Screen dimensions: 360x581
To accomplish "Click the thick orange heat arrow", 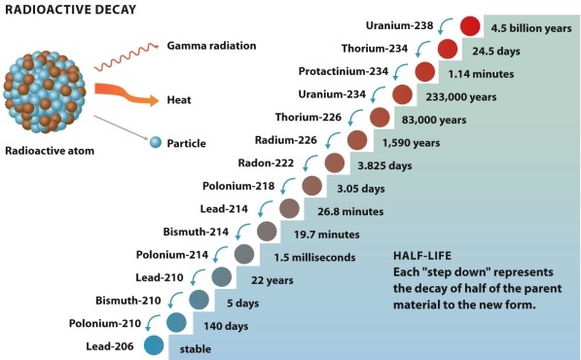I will (x=130, y=96).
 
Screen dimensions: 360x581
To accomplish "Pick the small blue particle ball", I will (x=155, y=143).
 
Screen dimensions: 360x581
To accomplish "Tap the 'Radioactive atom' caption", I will (x=51, y=151).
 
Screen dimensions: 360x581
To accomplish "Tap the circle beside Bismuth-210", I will (x=199, y=299).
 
